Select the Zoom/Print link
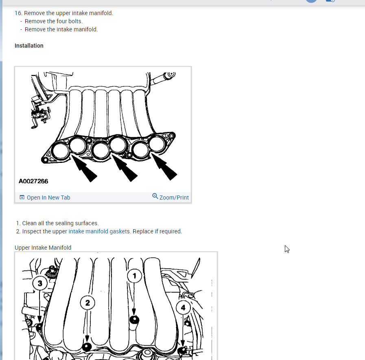click(x=174, y=198)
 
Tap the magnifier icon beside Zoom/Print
click(x=155, y=196)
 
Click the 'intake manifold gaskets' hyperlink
click(x=99, y=231)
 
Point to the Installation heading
click(x=29, y=46)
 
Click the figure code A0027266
click(x=33, y=181)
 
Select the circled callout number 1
click(x=135, y=276)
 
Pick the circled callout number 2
click(x=87, y=303)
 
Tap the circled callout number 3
click(x=40, y=283)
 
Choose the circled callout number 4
click(x=183, y=307)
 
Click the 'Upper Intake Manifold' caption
click(x=43, y=248)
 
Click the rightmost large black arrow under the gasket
click(x=164, y=167)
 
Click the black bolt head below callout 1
click(x=134, y=320)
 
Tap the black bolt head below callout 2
click(x=87, y=347)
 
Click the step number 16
click(x=18, y=13)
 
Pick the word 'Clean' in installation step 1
click(x=29, y=223)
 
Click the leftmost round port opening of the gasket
click(x=61, y=151)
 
